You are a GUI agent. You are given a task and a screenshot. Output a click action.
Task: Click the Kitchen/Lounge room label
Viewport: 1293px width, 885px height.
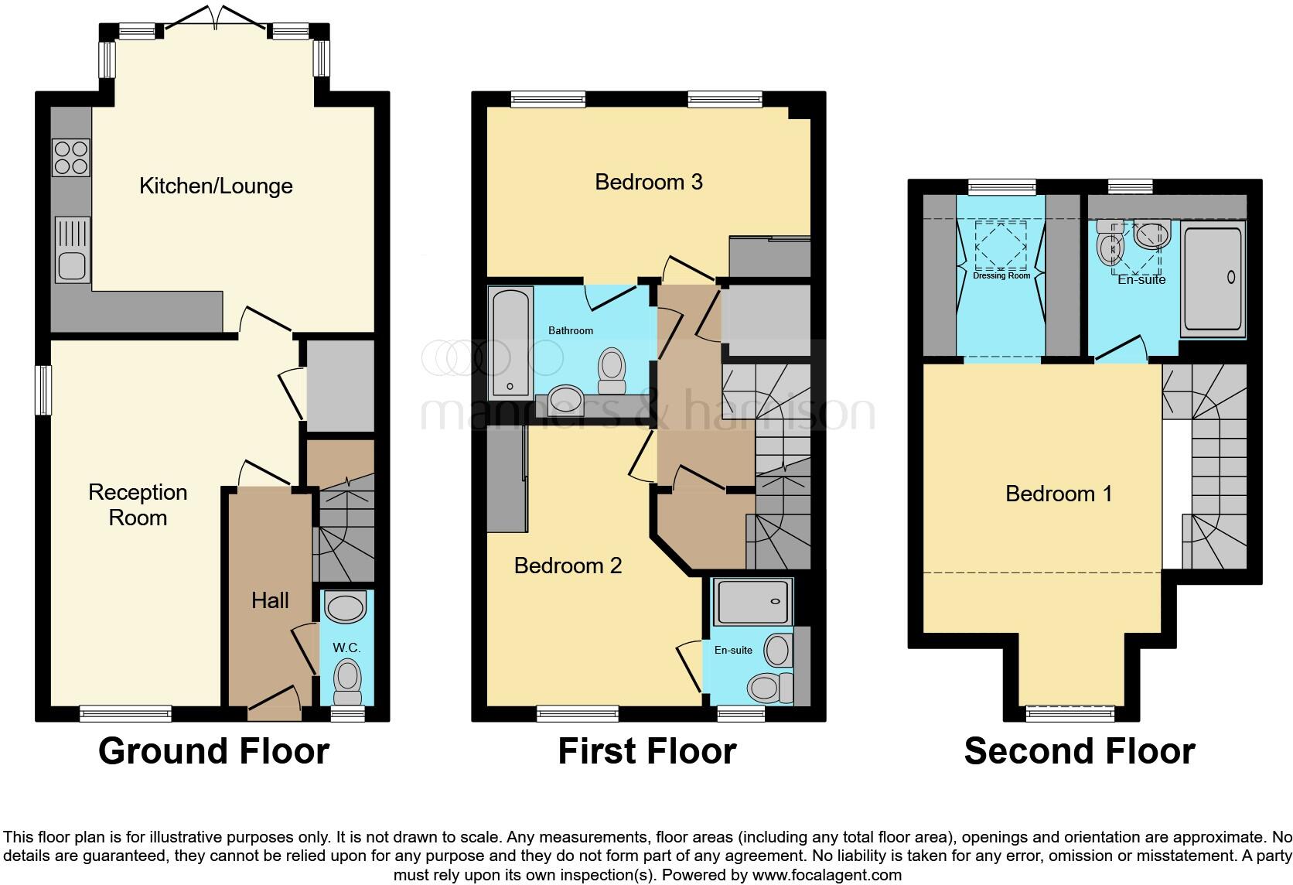coord(216,186)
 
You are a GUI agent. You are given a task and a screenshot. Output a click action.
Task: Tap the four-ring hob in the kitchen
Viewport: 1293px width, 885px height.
coord(70,158)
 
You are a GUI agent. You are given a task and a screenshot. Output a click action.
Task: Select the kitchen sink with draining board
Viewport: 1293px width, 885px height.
coord(72,249)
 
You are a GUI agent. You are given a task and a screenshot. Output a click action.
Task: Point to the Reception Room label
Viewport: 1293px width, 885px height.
coord(138,504)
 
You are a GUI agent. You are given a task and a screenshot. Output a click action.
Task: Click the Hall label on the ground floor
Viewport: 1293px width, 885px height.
coord(270,600)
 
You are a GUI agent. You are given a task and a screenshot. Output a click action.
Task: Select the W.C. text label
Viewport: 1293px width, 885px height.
coord(346,648)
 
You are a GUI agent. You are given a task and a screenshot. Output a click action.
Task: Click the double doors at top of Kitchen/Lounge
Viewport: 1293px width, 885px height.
coord(216,17)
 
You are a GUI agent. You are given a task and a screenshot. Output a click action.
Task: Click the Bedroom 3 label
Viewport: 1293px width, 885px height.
coord(648,182)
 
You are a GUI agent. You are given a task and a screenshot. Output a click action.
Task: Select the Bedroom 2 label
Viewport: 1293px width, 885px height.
coord(568,566)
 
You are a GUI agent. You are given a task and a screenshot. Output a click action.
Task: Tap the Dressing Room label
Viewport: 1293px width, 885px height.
coord(1001,275)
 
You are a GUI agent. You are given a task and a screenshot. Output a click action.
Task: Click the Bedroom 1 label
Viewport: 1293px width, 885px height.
coord(1059,494)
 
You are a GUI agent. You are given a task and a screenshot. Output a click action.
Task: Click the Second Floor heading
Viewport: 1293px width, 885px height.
coord(1079,751)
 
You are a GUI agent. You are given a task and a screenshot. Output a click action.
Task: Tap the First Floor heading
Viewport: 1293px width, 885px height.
coord(646,751)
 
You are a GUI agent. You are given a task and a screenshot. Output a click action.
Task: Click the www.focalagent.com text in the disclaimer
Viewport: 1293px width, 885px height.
coord(827,876)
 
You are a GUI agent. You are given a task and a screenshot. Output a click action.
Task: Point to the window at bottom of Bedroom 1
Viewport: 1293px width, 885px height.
coord(1070,712)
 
